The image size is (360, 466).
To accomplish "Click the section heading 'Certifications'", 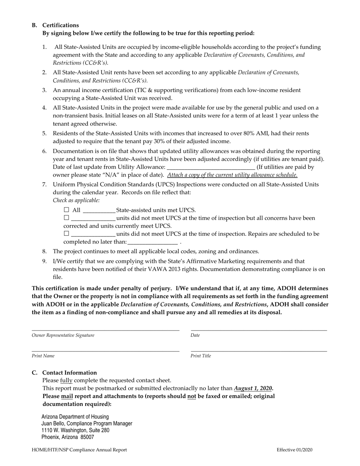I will (61, 25).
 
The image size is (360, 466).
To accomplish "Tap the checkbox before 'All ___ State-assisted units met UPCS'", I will (67, 210).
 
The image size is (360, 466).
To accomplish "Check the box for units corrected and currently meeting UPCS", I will (67, 218).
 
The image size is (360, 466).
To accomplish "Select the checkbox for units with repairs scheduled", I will (67, 234).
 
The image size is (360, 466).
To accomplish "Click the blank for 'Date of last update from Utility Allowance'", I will (211, 167).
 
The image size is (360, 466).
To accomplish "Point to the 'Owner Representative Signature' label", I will (63, 335).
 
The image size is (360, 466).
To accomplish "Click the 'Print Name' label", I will (43, 356).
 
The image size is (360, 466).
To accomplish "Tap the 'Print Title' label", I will (201, 356).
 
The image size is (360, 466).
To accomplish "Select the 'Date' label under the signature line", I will (195, 335).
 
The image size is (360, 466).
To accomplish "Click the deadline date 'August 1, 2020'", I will (253, 388).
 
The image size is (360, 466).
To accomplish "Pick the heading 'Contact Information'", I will (69, 372).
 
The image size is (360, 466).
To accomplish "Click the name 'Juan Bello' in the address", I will (53, 424).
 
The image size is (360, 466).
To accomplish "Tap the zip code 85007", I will (88, 437).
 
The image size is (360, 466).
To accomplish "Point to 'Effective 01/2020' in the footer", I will (294, 450).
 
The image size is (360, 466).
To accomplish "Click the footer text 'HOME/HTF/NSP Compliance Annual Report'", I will (79, 450).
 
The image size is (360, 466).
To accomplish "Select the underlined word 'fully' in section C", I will (66, 380).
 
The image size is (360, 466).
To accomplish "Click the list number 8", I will (44, 252).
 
